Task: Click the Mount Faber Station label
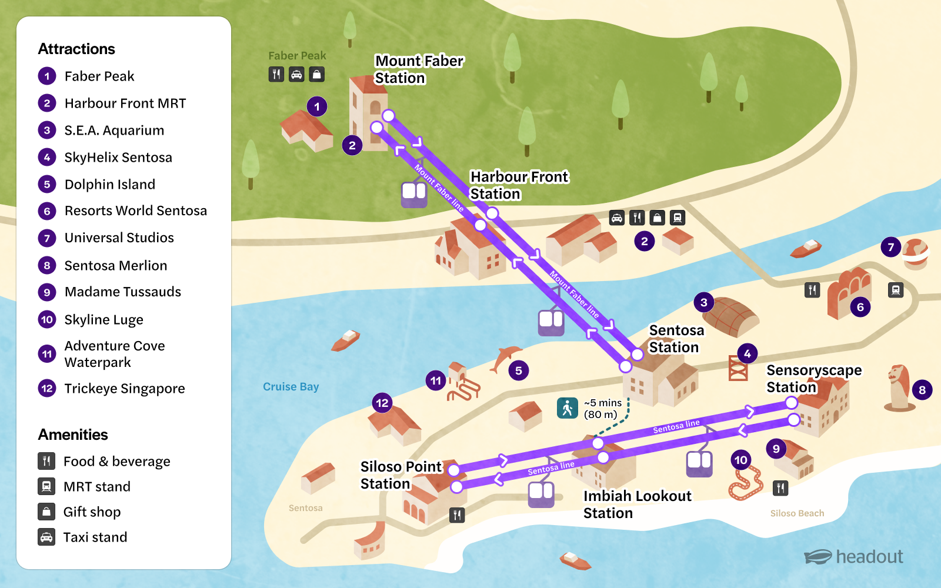[x=419, y=69]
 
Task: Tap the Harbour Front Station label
[x=519, y=185]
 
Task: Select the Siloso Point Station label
[x=401, y=475]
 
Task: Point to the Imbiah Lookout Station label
[x=637, y=505]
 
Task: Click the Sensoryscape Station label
[x=813, y=379]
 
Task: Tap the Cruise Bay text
[x=291, y=387]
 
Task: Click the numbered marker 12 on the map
[x=382, y=403]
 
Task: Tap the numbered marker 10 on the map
[x=741, y=460]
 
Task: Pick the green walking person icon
[x=568, y=408]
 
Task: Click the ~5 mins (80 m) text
[x=602, y=409]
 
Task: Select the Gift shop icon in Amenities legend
[x=46, y=512]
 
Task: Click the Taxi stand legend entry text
[x=95, y=537]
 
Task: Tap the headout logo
[x=853, y=557]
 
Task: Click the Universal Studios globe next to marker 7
[x=915, y=253]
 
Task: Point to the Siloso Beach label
[x=797, y=513]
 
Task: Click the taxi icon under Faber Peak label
[x=296, y=74]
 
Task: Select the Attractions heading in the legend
[x=76, y=49]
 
